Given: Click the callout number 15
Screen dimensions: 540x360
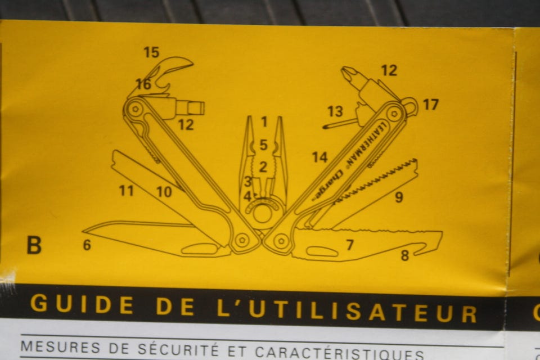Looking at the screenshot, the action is (151, 52).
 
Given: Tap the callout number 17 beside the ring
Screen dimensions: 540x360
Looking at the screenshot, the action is (430, 105).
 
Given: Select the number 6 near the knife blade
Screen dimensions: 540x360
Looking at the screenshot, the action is (87, 245).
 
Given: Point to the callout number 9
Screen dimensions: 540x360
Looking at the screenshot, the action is (399, 197).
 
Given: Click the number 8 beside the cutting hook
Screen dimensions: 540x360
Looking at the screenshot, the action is (404, 255).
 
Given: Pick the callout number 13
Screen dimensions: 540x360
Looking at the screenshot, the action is (335, 111).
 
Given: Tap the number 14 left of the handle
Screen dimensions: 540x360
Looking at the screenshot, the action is (319, 157).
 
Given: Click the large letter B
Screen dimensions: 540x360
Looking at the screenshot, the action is (34, 245).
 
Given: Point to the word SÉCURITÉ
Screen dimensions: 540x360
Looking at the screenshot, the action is (178, 350).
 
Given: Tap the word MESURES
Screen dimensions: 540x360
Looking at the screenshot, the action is (60, 347).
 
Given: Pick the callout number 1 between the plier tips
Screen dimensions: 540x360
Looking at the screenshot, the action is (264, 121).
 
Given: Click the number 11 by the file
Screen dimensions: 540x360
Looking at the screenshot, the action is (126, 191).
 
